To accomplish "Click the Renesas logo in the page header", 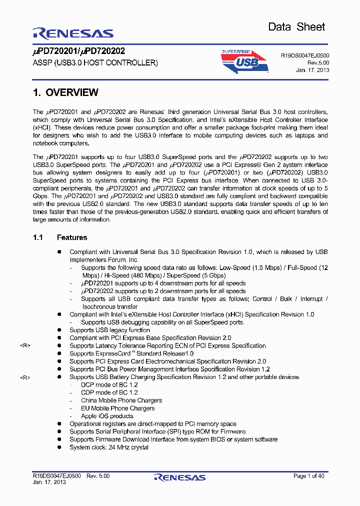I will click(x=73, y=33).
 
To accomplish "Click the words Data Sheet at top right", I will click(x=296, y=27).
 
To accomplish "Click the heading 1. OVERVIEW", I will click(x=65, y=92).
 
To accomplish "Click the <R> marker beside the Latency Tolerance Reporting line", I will click(x=25, y=346).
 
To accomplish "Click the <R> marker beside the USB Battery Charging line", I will click(x=25, y=377).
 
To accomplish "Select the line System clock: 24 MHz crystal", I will click(x=108, y=447).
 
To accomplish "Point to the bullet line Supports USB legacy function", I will click(x=109, y=330).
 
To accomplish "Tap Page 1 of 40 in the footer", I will click(x=308, y=476).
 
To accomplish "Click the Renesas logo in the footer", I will click(x=180, y=477).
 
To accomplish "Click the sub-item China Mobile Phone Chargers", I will click(x=121, y=400).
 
